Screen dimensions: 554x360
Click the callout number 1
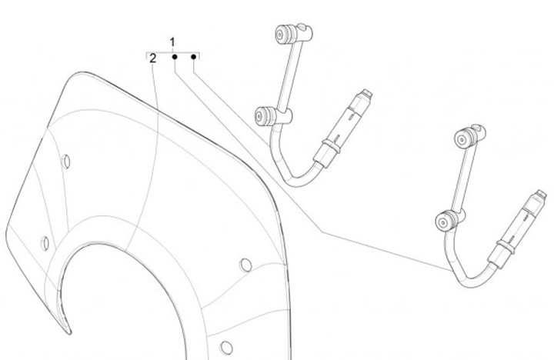pyautogui.click(x=173, y=41)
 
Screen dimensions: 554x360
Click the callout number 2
pyautogui.click(x=153, y=58)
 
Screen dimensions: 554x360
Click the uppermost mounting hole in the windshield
pyautogui.click(x=66, y=162)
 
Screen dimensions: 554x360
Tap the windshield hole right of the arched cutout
pyautogui.click(x=245, y=265)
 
